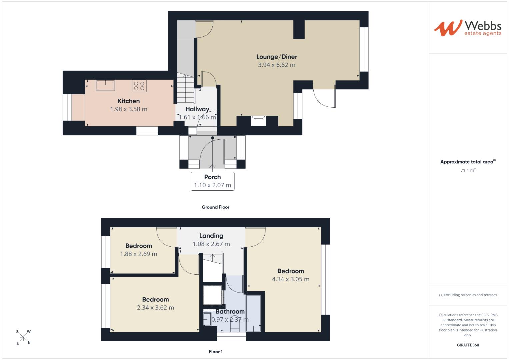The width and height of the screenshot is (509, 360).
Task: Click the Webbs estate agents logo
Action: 468,28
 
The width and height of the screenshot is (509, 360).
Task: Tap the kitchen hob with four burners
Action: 139,86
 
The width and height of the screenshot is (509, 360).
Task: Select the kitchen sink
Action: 105,85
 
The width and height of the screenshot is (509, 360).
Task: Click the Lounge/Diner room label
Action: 277,57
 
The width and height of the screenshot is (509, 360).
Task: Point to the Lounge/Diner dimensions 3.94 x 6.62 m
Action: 277,65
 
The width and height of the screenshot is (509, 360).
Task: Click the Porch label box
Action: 212,181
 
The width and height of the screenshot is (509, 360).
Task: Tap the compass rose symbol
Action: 23,337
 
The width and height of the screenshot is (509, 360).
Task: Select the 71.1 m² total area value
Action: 468,170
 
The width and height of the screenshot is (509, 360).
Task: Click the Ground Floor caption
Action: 215,207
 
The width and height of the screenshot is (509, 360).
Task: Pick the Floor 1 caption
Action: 215,352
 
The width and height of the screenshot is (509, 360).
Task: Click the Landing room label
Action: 211,236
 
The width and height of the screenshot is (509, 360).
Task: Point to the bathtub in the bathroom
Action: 254,313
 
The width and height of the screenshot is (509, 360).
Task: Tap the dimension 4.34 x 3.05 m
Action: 291,279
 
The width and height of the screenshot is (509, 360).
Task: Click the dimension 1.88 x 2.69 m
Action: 139,254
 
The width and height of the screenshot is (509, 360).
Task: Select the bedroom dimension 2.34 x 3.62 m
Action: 155,308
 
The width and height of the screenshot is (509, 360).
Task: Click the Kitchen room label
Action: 129,101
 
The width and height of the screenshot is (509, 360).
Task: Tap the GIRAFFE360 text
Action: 468,345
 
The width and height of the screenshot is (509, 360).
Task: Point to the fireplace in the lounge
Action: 258,121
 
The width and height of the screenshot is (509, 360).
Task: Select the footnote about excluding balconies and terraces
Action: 468,295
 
